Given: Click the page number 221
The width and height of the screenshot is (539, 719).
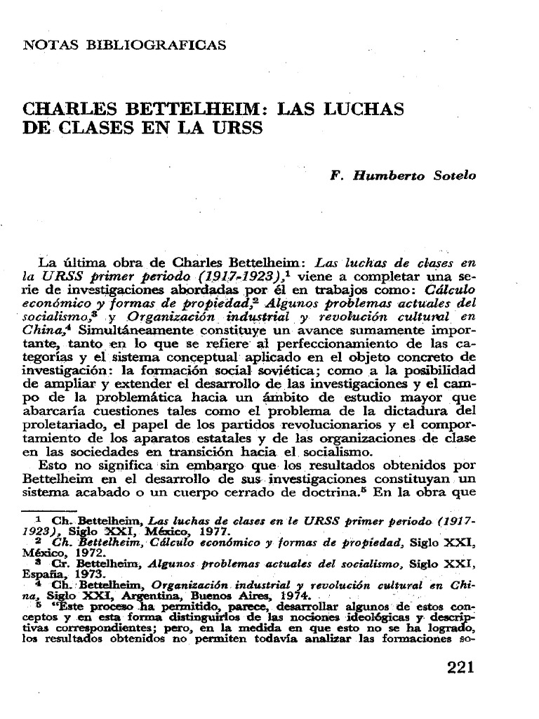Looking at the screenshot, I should tap(461, 668).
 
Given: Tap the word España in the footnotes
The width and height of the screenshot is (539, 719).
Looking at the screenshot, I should tap(43, 574).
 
